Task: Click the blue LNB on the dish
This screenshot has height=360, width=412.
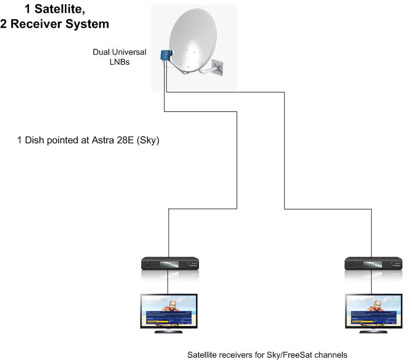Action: (166, 55)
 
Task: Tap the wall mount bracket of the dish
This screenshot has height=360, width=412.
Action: (217, 67)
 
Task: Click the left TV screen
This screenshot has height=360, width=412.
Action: (169, 311)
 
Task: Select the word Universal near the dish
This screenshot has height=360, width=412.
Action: (130, 52)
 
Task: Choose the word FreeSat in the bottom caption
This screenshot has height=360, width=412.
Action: (289, 355)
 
